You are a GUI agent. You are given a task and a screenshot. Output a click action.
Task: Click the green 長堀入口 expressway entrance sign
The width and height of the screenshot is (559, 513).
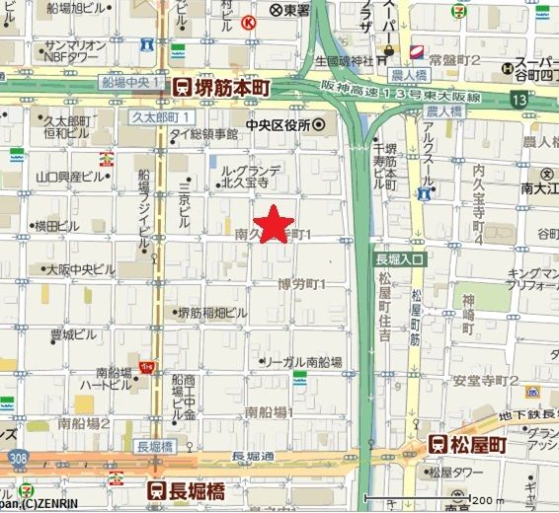point(399,258)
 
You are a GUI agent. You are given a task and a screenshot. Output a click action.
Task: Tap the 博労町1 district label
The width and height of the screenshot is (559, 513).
point(303,284)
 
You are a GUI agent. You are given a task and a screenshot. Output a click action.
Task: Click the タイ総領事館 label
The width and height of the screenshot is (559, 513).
point(203,133)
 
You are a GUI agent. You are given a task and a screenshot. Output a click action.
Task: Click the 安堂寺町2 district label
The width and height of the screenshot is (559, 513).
point(487,380)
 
